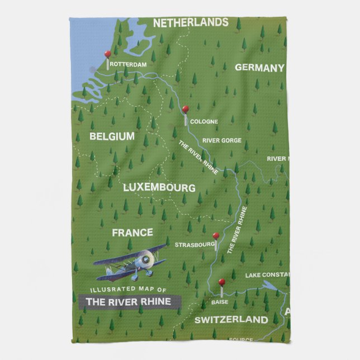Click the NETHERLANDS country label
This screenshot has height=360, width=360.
pyautogui.click(x=191, y=23)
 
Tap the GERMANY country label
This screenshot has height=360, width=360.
pyautogui.click(x=259, y=68)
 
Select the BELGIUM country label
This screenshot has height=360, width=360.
pyautogui.click(x=112, y=136)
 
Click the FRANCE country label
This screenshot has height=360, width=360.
pyautogui.click(x=132, y=233)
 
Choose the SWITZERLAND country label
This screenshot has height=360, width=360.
pyautogui.click(x=231, y=320)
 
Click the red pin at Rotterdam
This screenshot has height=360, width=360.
pyautogui.click(x=108, y=54)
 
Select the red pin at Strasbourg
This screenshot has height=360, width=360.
pyautogui.click(x=216, y=236)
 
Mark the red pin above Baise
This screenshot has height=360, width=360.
pyautogui.click(x=222, y=282)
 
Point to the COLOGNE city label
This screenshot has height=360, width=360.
pyautogui.click(x=203, y=121)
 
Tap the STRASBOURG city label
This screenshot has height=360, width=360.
pyautogui.click(x=195, y=245)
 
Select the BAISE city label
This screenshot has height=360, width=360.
pyautogui.click(x=220, y=302)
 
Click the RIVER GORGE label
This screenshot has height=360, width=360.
pyautogui.click(x=222, y=141)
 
